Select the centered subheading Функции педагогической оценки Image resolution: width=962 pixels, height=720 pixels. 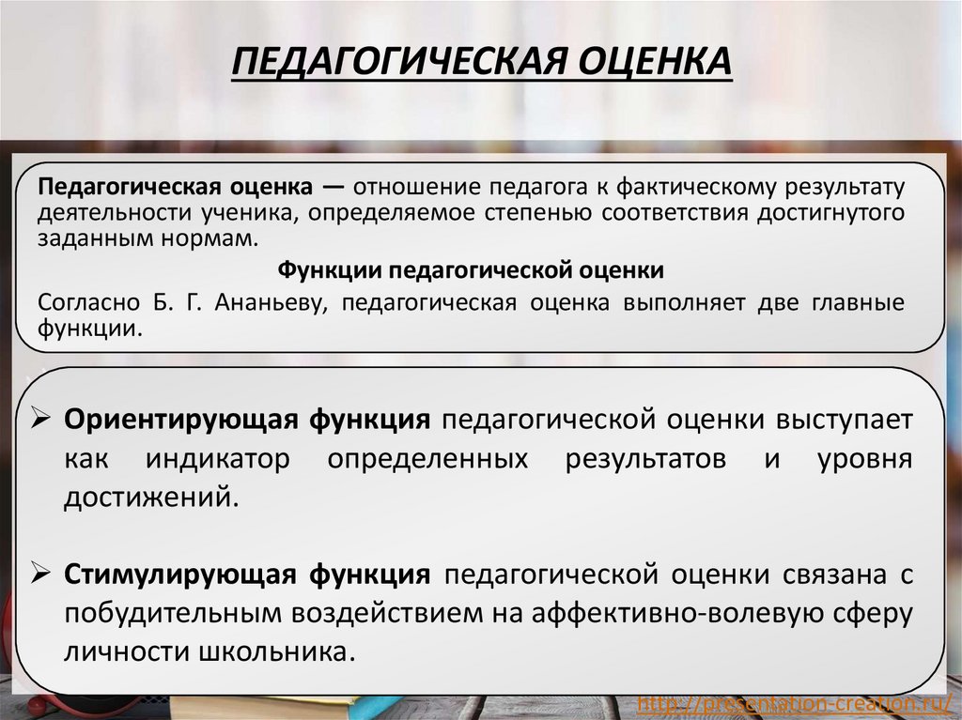470,270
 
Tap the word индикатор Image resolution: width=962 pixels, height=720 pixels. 217,460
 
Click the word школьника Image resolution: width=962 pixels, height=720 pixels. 273,651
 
